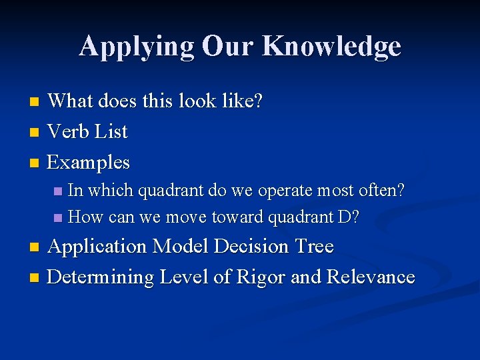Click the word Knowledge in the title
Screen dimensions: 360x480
click(331, 47)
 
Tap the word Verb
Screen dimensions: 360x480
click(69, 131)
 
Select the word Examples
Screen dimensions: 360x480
click(89, 162)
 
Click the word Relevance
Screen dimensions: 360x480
click(371, 277)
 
